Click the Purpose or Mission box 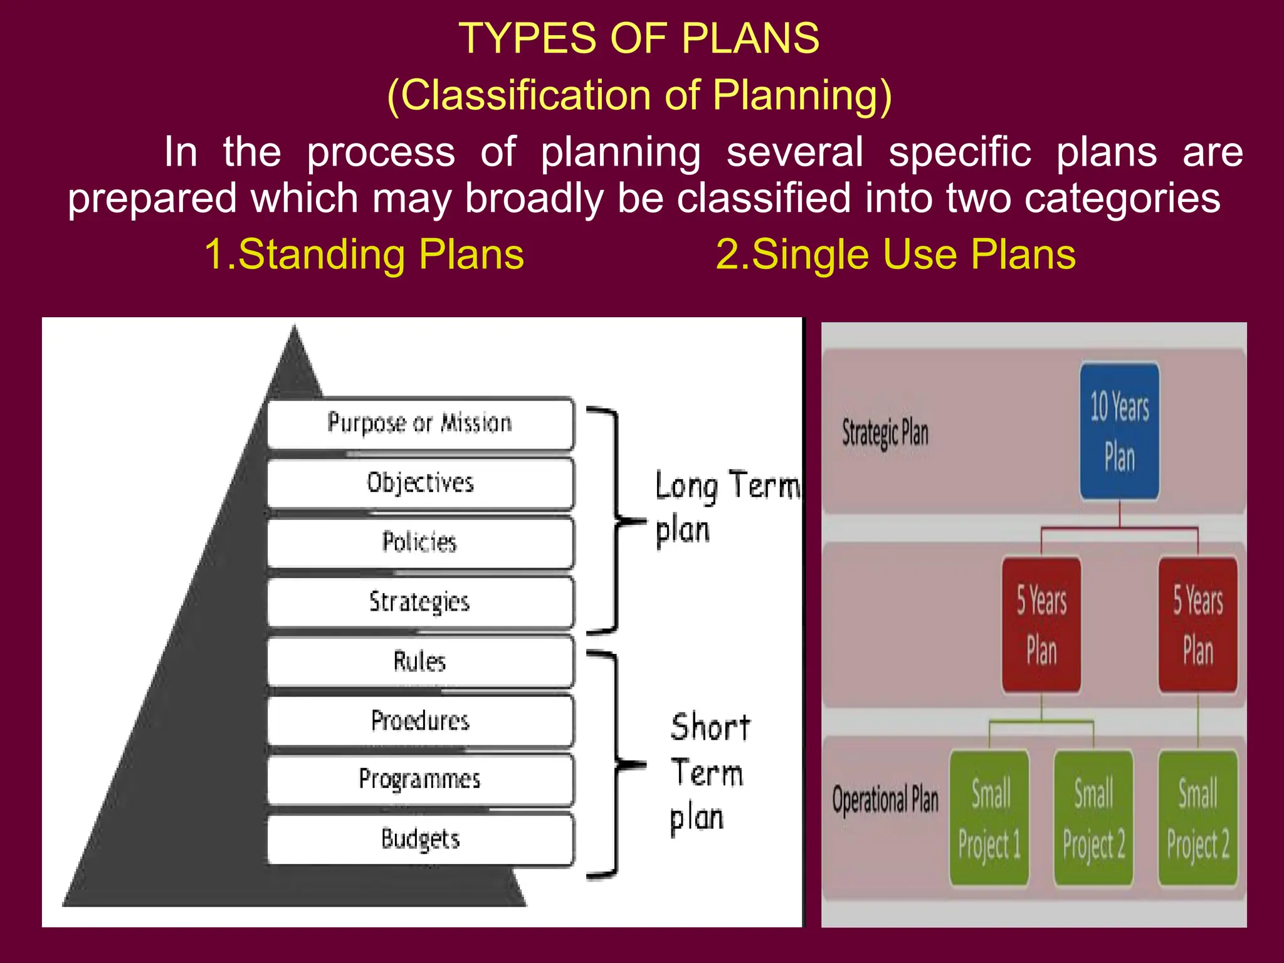420,423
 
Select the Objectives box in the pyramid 420,483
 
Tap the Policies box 420,542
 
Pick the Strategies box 420,602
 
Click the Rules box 420,661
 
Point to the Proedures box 420,721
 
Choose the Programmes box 420,779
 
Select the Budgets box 420,839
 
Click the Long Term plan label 721,508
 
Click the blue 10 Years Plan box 1119,431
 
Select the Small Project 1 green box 989,818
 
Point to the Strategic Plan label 885,433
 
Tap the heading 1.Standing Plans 364,255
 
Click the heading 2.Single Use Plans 895,255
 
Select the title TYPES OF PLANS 639,39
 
